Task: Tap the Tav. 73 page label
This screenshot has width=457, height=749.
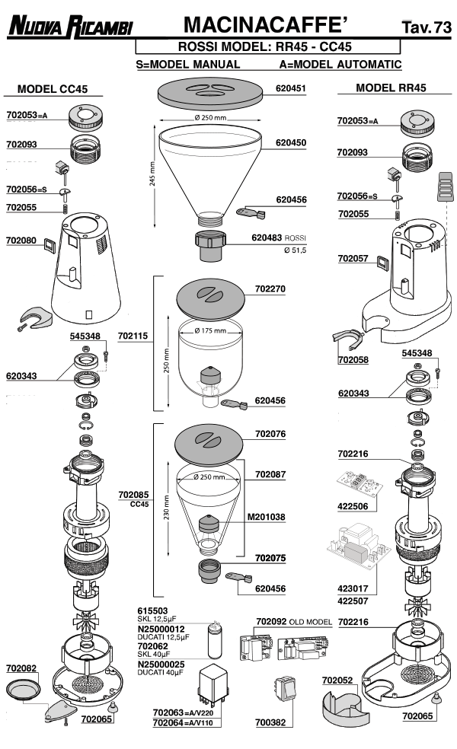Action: [427, 29]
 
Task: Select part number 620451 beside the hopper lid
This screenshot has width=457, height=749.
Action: [290, 88]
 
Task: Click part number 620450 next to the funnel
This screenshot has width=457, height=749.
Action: [290, 142]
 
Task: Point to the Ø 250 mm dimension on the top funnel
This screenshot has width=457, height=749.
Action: [209, 118]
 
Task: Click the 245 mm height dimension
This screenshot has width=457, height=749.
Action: [152, 178]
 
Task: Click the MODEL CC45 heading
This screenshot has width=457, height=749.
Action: [53, 89]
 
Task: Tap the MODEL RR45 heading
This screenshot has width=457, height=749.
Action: [391, 88]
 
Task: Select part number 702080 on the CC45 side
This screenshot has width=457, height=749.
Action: [21, 241]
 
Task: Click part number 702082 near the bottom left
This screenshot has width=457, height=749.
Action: [21, 667]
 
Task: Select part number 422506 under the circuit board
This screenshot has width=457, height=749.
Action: [353, 505]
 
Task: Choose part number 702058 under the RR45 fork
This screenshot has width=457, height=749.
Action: [353, 359]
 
